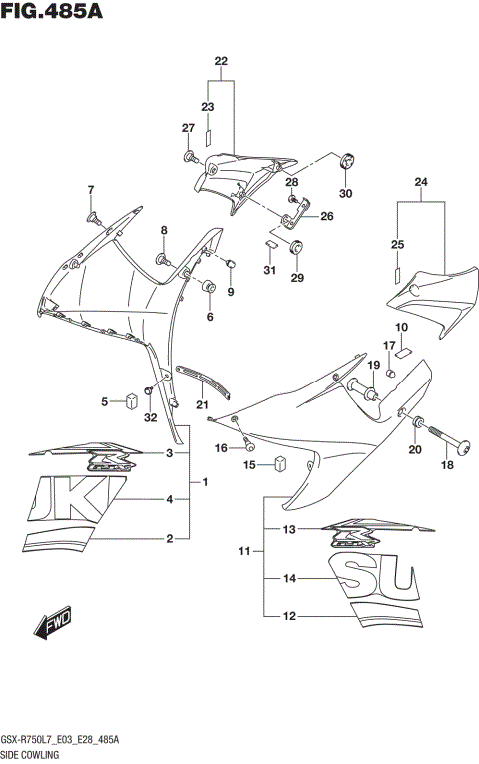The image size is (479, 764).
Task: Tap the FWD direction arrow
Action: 53,624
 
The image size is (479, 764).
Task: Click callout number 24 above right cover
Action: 421,181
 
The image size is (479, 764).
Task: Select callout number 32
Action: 151,417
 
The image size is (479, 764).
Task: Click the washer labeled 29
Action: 296,247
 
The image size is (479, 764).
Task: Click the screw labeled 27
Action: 190,157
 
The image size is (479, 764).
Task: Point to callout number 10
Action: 401,328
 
